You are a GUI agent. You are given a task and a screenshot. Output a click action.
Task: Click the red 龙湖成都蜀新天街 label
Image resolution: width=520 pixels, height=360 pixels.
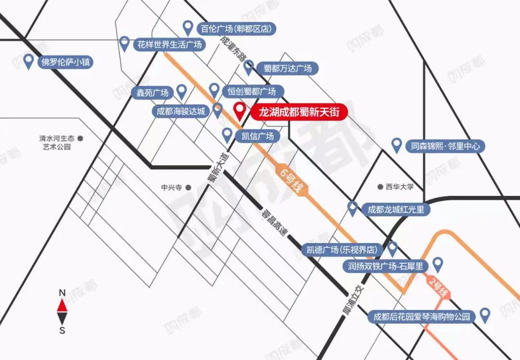299,113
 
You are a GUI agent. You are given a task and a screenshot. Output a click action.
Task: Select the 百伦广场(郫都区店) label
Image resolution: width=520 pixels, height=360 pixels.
236,29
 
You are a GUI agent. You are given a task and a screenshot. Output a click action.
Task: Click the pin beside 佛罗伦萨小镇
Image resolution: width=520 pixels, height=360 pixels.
29,61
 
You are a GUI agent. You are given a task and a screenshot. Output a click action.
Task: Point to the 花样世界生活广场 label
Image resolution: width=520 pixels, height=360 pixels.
169,45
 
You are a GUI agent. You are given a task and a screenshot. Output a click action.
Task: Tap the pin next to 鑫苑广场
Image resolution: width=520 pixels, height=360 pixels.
182,90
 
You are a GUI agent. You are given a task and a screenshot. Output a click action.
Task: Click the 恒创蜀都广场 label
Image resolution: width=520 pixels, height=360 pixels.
251,90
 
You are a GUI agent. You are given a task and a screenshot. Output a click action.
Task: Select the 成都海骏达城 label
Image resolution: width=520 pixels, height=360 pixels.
181,112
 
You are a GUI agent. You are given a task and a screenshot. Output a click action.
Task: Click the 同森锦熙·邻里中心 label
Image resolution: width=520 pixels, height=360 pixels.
445,145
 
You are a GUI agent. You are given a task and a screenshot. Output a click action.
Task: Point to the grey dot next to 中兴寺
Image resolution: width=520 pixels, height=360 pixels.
188,187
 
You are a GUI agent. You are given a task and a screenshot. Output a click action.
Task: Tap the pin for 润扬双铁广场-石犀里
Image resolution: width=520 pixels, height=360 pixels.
437,263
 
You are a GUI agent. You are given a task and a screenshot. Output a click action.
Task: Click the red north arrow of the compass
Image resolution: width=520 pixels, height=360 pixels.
62,305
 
